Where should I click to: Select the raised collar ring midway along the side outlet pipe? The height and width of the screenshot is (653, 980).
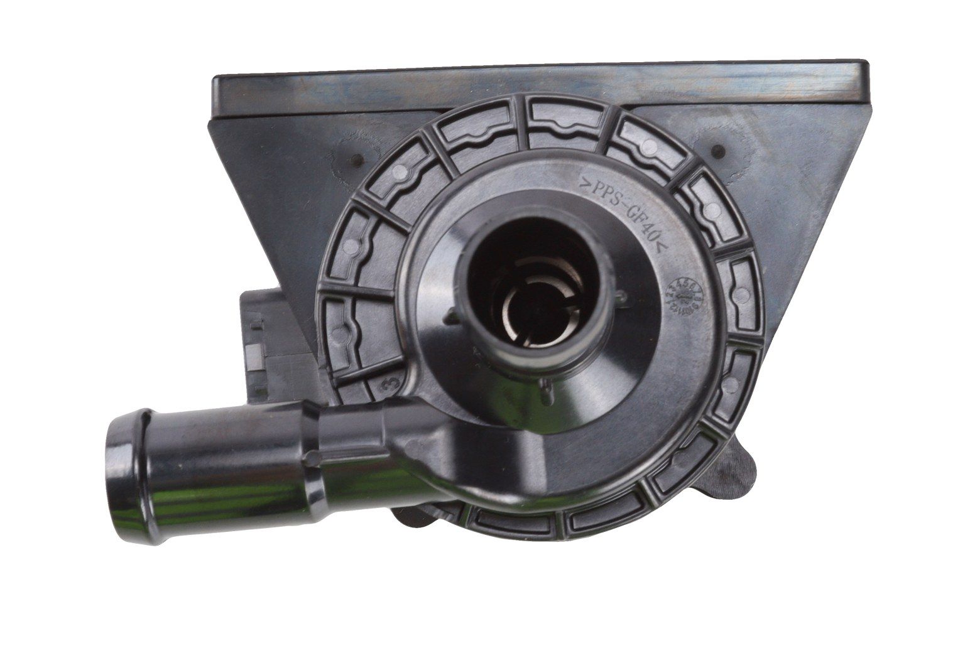point(312,433)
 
